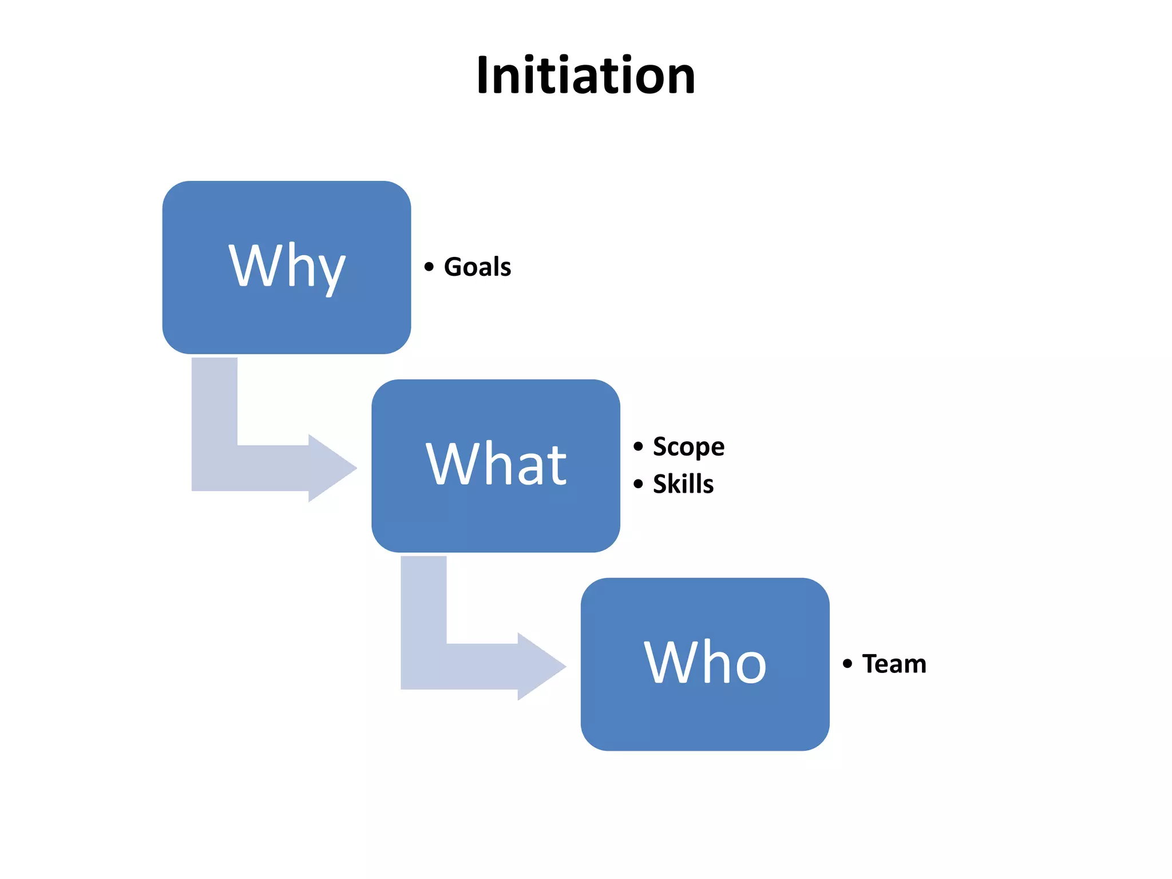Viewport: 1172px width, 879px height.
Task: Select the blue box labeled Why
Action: tap(286, 320)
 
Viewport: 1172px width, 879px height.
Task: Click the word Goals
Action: tap(477, 267)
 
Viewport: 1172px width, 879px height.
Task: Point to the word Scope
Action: tap(688, 447)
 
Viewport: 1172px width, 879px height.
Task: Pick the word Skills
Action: tap(683, 484)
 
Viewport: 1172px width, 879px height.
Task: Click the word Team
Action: tap(894, 664)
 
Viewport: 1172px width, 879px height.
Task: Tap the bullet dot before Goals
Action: tap(429, 267)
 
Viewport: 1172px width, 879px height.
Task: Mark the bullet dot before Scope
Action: tap(639, 446)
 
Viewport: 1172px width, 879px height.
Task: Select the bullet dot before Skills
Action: tap(639, 484)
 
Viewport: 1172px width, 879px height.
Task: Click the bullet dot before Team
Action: tap(848, 664)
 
